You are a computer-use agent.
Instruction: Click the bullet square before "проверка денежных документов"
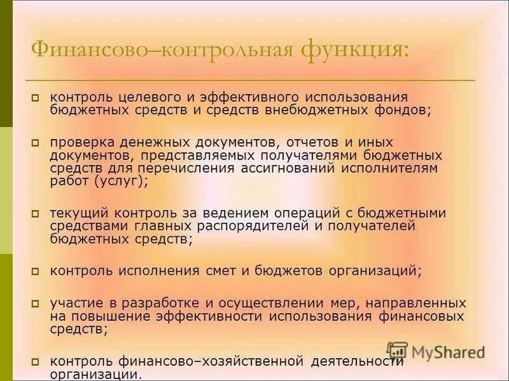(36, 143)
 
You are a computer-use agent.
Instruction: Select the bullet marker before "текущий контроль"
(36, 213)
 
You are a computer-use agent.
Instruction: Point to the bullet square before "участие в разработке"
(36, 304)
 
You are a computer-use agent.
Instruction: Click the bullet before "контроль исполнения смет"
(36, 271)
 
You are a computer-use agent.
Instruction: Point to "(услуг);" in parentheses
(121, 180)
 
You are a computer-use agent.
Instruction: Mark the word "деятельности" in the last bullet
(358, 362)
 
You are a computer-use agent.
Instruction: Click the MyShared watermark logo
(436, 351)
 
